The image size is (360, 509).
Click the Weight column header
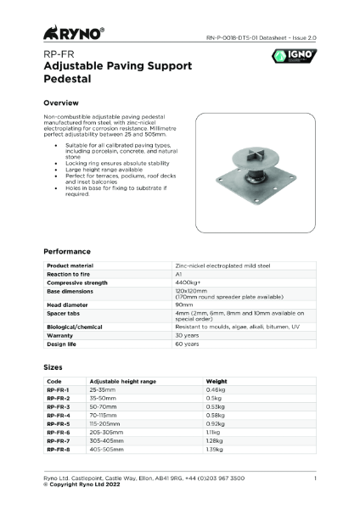[217, 381]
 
